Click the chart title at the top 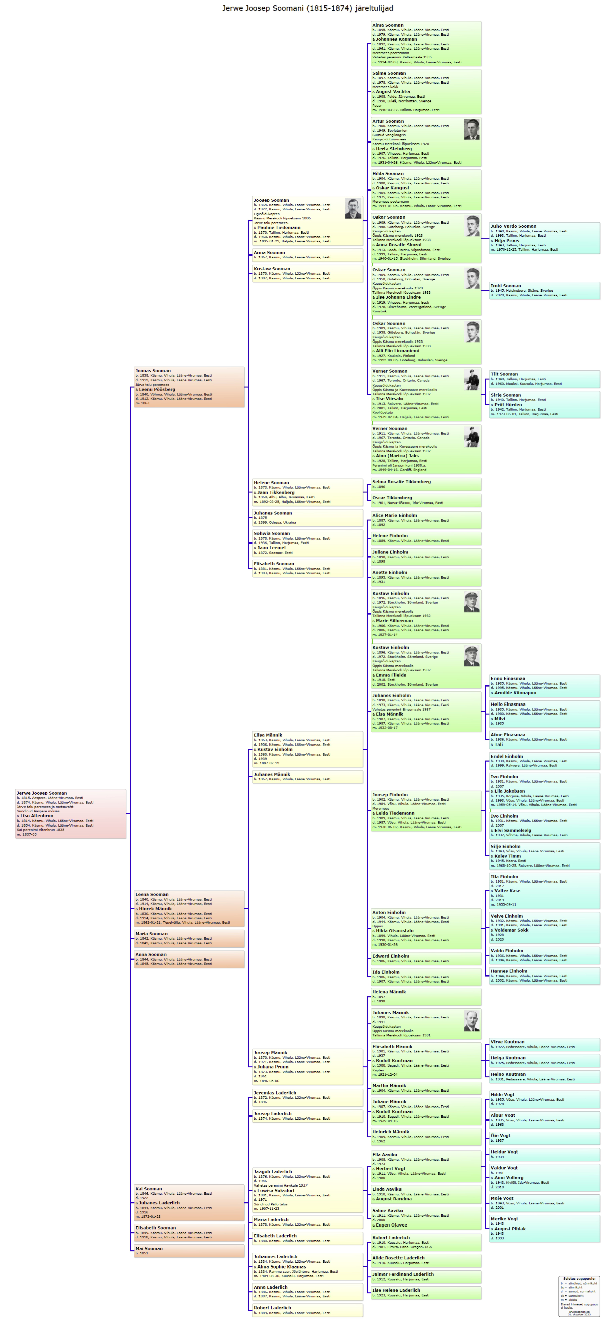[x=307, y=8]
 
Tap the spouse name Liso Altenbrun [x=37, y=815]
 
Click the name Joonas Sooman [x=153, y=370]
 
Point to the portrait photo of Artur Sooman [x=471, y=129]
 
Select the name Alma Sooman [x=387, y=25]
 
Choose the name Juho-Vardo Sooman [x=513, y=226]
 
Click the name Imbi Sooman [x=506, y=285]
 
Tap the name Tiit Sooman [x=504, y=374]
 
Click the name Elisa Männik [x=268, y=735]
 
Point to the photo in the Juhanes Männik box [x=471, y=1020]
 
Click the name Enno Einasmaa [x=508, y=678]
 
